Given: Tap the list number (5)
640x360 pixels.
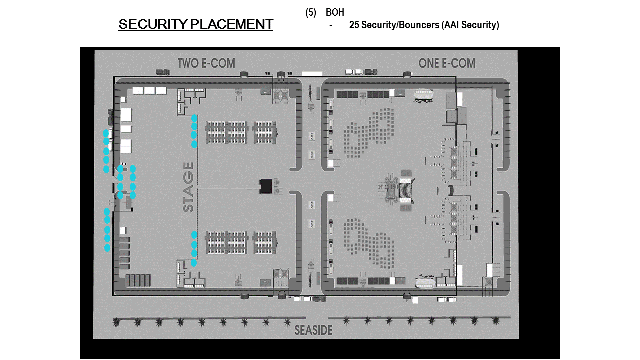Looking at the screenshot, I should click(311, 13).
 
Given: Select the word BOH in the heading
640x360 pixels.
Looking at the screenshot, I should click(335, 13).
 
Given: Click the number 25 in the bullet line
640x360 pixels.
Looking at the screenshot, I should click(354, 25).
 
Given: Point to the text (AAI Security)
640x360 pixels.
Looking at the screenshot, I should click(470, 25).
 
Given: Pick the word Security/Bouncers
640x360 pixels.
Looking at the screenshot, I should click(400, 25).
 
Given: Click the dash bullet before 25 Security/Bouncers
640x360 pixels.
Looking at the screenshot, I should click(331, 25).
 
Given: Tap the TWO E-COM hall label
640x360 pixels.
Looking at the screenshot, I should click(206, 63).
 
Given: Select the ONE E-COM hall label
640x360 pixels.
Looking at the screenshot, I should click(447, 63).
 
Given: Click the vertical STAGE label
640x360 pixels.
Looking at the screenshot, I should click(188, 187).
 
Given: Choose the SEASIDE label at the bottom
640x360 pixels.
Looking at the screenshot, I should click(313, 330).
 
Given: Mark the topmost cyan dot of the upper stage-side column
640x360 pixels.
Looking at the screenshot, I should click(194, 118).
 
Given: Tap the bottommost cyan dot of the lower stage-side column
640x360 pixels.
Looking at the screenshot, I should click(194, 262).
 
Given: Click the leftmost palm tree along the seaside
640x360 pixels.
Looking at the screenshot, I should click(117, 322).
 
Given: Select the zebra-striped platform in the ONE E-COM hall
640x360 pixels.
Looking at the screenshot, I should click(405, 191).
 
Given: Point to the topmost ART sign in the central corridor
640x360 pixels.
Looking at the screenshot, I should click(312, 135).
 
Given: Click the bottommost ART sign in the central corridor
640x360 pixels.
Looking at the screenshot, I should click(312, 223).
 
